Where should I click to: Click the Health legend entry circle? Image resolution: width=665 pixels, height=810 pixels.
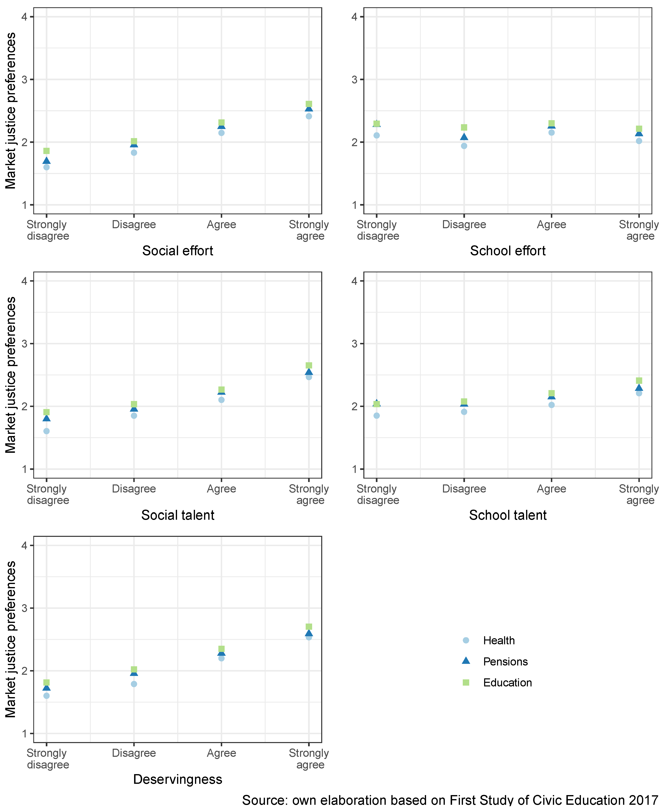466,640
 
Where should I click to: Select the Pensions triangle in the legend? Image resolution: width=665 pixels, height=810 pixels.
466,660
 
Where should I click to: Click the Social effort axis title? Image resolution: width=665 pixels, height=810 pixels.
177,251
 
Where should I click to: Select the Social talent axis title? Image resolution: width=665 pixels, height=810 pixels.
177,515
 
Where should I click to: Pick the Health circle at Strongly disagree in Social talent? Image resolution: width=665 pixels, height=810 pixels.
46,431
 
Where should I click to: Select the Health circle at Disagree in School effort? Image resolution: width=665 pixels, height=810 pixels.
464,146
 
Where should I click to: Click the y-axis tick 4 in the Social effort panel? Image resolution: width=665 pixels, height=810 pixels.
25,17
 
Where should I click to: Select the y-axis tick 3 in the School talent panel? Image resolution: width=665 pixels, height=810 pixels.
355,344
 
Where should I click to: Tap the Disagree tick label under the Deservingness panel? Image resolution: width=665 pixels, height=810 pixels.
134,753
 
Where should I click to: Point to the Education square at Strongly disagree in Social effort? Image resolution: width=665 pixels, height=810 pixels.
46,151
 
